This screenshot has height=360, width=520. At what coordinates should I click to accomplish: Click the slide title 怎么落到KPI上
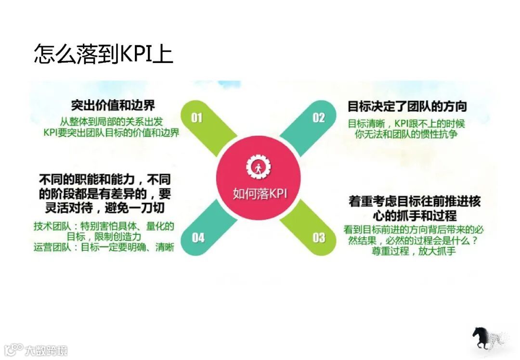pos(103,54)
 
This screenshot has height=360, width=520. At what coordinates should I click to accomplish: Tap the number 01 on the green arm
pos(196,118)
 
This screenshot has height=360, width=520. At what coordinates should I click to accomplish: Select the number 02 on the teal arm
pos(319,118)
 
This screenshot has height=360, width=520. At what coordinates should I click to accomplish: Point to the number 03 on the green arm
pos(319,237)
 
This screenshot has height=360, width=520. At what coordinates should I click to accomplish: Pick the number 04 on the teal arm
pos(198,237)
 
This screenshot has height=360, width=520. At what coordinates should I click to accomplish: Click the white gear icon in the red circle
pos(259,167)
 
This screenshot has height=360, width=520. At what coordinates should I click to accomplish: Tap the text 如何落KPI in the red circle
pos(260,193)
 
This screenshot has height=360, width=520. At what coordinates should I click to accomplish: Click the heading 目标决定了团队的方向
pos(407,106)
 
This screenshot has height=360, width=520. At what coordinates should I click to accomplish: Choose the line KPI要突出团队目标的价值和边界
pos(111,133)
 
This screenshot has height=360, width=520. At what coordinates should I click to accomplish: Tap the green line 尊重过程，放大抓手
pos(413,251)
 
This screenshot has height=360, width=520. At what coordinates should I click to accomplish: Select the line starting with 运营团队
pos(104,248)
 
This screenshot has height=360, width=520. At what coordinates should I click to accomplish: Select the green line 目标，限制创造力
pos(104,237)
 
